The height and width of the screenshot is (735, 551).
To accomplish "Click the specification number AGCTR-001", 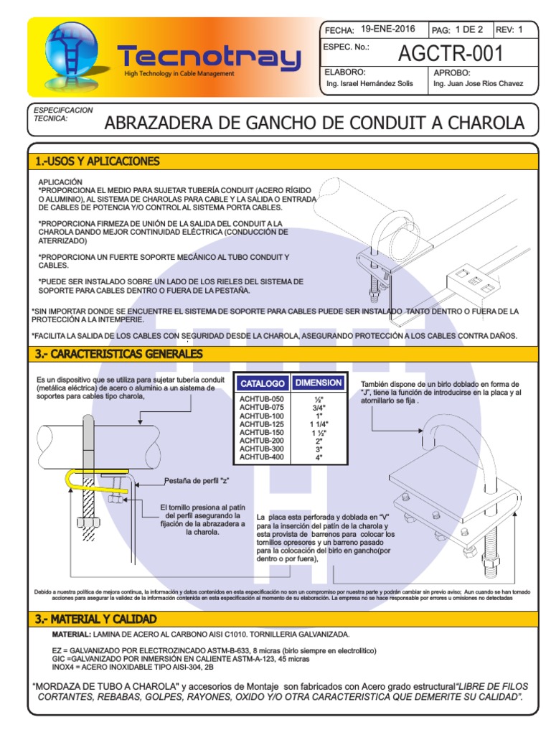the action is [x=451, y=53].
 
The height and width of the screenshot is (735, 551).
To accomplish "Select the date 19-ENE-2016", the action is [x=388, y=29].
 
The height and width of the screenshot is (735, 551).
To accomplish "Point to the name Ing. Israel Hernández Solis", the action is [x=369, y=84].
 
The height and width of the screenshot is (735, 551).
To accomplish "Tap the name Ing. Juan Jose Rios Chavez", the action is [x=478, y=84].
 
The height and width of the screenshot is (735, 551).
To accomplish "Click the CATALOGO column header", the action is [x=263, y=383].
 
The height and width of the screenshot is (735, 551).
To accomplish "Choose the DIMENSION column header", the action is [x=319, y=383].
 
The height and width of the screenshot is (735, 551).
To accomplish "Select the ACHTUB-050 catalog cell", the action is [x=261, y=399].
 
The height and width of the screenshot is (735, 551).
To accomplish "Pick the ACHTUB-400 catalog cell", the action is [x=261, y=457].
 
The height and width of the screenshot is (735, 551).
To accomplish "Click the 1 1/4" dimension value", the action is [x=319, y=424].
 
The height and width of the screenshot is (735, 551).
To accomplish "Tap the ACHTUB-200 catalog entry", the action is [x=261, y=441].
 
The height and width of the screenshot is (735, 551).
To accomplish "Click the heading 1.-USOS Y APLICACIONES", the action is [x=98, y=161].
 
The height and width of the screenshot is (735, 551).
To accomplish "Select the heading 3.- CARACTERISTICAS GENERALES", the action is [x=119, y=354].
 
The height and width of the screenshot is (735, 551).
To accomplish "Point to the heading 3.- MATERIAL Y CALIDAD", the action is [x=95, y=619].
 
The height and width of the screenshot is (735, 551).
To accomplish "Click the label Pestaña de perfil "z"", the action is [x=197, y=481].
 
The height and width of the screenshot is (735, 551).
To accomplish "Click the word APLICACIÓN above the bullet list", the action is [x=60, y=182].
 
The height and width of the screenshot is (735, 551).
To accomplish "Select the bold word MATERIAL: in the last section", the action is [x=71, y=635].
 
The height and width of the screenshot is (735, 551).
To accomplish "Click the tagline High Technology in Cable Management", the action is [x=179, y=74].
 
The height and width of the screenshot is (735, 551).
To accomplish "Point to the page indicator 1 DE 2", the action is [x=469, y=29].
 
